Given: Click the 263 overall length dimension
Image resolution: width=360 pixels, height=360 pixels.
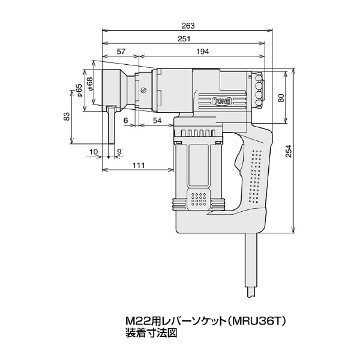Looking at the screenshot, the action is pyautogui.click(x=188, y=26).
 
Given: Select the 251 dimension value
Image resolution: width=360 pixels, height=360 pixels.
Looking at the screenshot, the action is pyautogui.click(x=184, y=38).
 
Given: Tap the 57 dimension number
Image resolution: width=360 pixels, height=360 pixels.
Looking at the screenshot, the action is pyautogui.click(x=121, y=52).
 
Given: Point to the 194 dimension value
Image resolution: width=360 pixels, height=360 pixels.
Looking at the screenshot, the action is pyautogui.click(x=203, y=52).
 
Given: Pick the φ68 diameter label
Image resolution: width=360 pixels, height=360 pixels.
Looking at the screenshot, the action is pyautogui.click(x=89, y=83).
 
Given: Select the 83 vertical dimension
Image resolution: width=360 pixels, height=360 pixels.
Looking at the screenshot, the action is pyautogui.click(x=66, y=116).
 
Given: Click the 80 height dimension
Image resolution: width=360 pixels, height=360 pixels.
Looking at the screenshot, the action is pyautogui.click(x=281, y=98).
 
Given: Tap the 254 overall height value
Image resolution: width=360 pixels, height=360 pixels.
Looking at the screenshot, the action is pyautogui.click(x=289, y=151).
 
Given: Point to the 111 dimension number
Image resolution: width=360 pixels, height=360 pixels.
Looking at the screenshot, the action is pyautogui.click(x=139, y=165).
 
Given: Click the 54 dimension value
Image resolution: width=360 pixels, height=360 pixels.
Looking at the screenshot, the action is pyautogui.click(x=157, y=121).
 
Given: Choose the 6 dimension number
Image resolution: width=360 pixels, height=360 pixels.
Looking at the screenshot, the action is pyautogui.click(x=125, y=121).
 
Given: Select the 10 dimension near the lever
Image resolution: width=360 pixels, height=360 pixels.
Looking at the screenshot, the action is pyautogui.click(x=94, y=152).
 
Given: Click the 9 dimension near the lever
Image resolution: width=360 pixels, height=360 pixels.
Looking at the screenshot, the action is pyautogui.click(x=119, y=152).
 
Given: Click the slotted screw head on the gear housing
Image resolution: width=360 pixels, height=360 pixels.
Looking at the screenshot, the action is pyautogui.click(x=144, y=90).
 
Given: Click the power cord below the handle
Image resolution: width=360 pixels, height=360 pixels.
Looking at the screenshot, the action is pyautogui.click(x=251, y=266).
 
